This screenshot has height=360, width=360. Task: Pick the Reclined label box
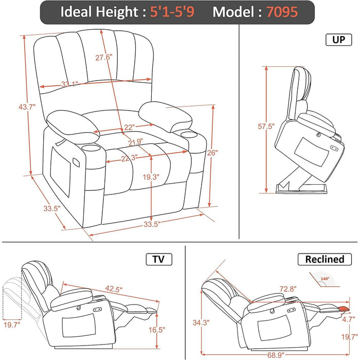(x=324, y=259)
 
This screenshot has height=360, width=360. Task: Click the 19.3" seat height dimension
(x=151, y=177)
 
